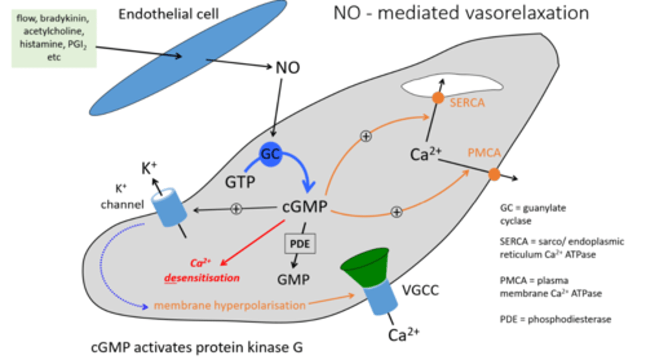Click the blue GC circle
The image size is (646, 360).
[271, 155]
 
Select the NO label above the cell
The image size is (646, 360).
[287, 68]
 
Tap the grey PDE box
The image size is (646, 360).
[300, 245]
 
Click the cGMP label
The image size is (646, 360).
[305, 208]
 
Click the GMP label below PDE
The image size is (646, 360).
[293, 280]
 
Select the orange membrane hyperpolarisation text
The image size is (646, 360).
[229, 306]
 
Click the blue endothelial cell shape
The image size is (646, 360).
[188, 57]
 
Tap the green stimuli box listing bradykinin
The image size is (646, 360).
[54, 38]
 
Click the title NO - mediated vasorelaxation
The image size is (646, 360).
[460, 13]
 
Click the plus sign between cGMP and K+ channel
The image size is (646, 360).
[236, 208]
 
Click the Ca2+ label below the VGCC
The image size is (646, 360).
[404, 334]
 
